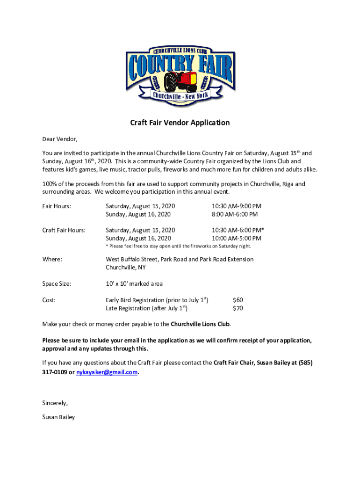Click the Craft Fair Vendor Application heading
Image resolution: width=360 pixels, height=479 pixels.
(x=180, y=123)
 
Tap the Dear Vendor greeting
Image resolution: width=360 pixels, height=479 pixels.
(x=60, y=139)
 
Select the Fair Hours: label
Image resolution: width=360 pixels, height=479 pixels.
(x=57, y=206)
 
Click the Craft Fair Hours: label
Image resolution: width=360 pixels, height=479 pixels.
(x=64, y=230)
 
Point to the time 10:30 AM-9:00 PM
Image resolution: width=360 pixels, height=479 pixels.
(x=236, y=206)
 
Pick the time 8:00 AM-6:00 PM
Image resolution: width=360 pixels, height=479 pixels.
(x=234, y=214)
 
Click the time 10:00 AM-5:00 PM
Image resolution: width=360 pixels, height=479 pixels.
(x=236, y=239)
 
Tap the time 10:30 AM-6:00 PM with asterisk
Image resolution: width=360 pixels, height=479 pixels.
(x=238, y=230)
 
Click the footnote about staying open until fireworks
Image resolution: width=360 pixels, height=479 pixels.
(x=179, y=246)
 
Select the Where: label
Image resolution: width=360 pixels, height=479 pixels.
(x=52, y=259)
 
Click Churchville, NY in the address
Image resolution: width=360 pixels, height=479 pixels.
(x=125, y=268)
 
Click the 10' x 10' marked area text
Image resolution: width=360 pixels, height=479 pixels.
(x=134, y=283)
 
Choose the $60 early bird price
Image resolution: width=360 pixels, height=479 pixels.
(x=238, y=300)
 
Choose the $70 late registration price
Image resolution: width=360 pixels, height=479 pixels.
(x=238, y=308)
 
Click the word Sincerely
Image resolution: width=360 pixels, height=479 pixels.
(x=55, y=403)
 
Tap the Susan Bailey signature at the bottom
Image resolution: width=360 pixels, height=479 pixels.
(x=58, y=417)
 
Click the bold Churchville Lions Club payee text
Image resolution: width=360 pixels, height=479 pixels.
(x=200, y=324)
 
